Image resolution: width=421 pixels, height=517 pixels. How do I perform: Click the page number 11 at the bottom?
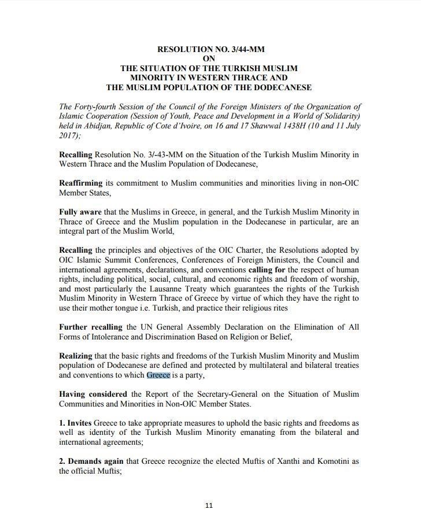click(209, 505)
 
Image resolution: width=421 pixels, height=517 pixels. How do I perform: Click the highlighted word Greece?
click(158, 375)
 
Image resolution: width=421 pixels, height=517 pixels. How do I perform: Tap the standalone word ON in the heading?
click(209, 59)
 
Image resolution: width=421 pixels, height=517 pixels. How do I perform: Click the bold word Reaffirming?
click(82, 183)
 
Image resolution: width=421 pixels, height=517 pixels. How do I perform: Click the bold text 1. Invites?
click(75, 423)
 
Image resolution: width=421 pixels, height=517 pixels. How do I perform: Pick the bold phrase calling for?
click(267, 269)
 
